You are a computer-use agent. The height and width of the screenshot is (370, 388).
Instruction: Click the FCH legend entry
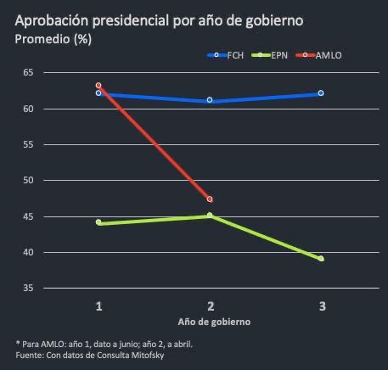pyautogui.click(x=224, y=55)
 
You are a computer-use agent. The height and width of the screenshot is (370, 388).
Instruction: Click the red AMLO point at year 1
pyautogui.click(x=98, y=86)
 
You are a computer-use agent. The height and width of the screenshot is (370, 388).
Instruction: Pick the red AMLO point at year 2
pyautogui.click(x=210, y=199)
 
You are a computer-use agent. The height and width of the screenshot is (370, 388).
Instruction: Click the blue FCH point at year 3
pyautogui.click(x=321, y=93)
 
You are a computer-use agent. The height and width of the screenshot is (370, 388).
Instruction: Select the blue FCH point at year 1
pyautogui.click(x=98, y=93)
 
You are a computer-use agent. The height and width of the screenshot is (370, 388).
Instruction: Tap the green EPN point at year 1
pyautogui.click(x=98, y=222)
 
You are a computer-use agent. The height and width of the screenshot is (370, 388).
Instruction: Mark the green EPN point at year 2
pyautogui.click(x=210, y=216)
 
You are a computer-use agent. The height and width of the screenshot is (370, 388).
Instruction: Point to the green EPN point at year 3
pyautogui.click(x=321, y=259)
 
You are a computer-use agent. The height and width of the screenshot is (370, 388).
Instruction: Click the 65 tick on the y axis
pyautogui.click(x=28, y=73)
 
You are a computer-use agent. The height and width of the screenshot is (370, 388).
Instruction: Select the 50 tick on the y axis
pyautogui.click(x=28, y=181)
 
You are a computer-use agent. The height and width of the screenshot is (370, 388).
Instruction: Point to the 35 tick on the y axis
pyautogui.click(x=28, y=289)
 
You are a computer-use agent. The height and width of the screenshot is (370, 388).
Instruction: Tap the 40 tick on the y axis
pyautogui.click(x=28, y=253)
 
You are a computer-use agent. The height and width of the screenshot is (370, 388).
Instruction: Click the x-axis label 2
pyautogui.click(x=210, y=306)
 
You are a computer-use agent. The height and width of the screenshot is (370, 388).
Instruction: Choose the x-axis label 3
pyautogui.click(x=321, y=306)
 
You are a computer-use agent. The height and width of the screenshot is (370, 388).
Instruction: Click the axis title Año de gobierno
pyautogui.click(x=214, y=322)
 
